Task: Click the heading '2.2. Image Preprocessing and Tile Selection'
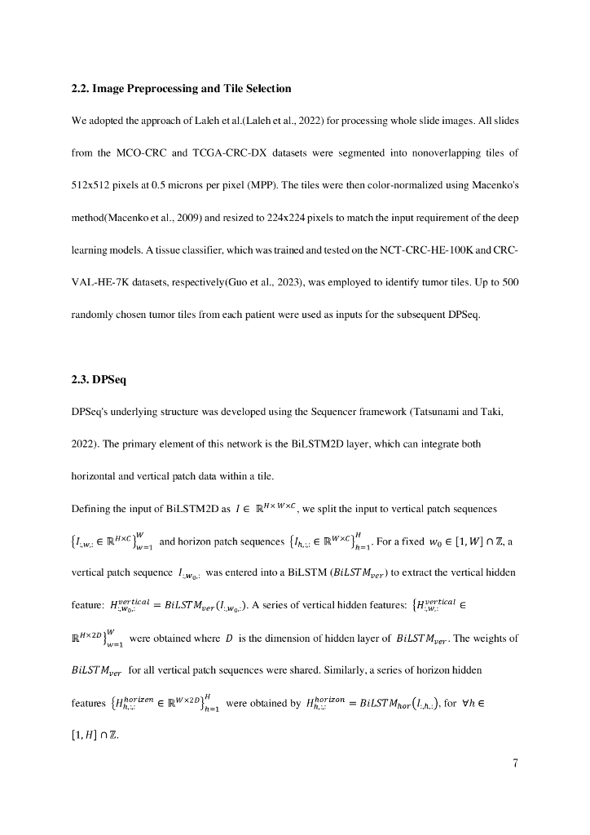coord(181,88)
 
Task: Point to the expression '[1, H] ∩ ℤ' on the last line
coord(95,736)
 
